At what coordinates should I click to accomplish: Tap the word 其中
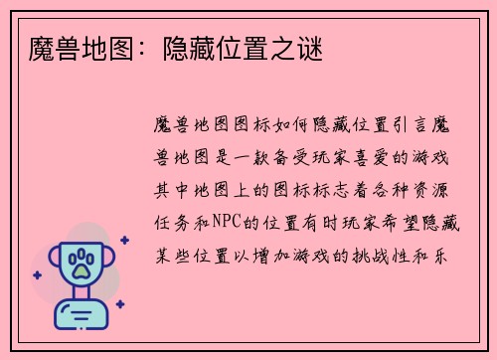pos(166,188)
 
